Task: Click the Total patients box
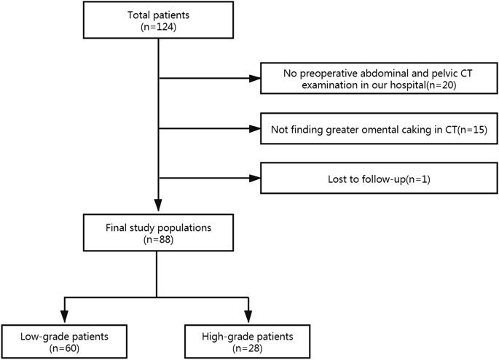[x=158, y=20]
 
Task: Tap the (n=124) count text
[x=158, y=27]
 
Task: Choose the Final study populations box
[x=158, y=233]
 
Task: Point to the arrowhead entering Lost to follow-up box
[x=254, y=179]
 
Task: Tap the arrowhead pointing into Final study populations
[x=158, y=207]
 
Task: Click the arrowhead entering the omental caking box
[x=254, y=130]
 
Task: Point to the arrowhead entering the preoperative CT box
[x=254, y=78]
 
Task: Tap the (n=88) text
[x=158, y=240]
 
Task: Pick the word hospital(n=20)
[x=420, y=85]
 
